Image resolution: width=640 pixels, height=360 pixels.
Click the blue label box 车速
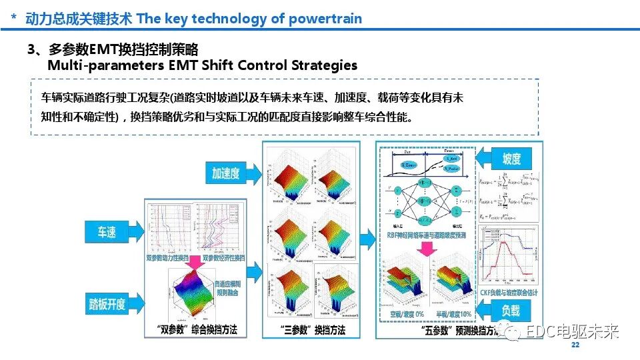[x=107, y=232]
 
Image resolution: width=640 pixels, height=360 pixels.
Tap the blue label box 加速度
[x=225, y=173]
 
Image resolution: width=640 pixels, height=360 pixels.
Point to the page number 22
[x=576, y=345]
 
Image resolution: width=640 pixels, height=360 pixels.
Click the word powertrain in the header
[x=325, y=18]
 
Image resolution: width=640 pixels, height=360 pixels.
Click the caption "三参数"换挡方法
[x=313, y=330]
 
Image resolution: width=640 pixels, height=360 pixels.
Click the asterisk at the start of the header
[x=13, y=19]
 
